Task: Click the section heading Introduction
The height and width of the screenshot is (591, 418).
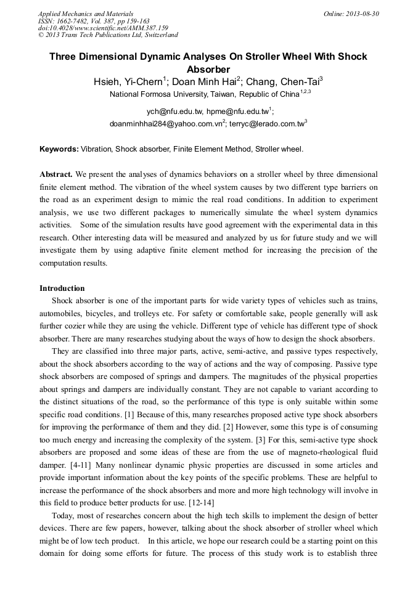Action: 62,288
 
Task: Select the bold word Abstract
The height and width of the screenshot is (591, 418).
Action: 56,174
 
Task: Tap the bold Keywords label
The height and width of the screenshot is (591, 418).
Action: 59,149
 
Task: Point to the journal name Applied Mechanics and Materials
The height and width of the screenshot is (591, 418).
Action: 86,14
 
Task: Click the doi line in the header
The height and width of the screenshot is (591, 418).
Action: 103,28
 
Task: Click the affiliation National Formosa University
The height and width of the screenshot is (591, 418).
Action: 157,95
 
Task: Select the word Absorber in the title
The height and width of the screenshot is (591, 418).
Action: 208,69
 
